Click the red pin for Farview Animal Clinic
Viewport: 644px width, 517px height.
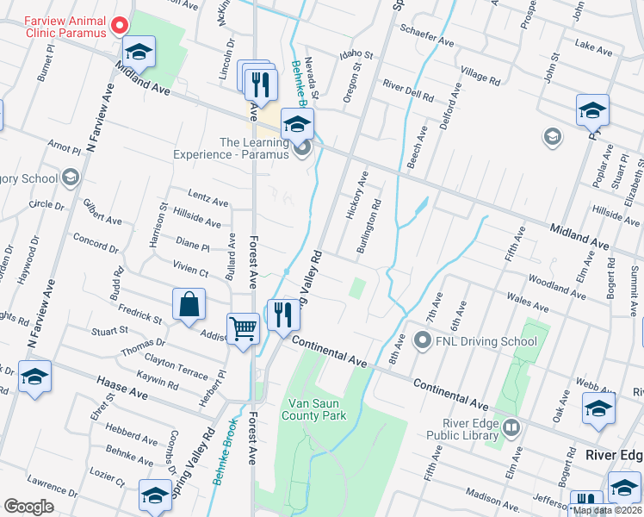coord(121,26)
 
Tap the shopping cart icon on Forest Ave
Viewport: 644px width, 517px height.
coord(243,328)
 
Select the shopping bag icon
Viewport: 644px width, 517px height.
coord(189,305)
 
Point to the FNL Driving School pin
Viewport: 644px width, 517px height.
coord(422,341)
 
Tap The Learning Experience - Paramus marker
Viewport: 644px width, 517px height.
coord(301,150)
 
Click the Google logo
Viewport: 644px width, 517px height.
coord(29,507)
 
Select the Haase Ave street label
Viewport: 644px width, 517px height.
coord(125,390)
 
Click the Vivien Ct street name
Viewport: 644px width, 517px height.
coord(191,271)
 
